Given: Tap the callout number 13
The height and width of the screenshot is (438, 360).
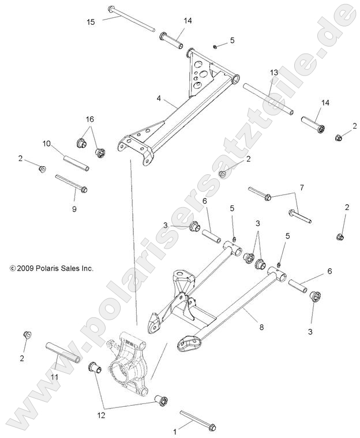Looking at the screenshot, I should [274, 72].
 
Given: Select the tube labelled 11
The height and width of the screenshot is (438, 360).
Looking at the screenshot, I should [62, 351].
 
